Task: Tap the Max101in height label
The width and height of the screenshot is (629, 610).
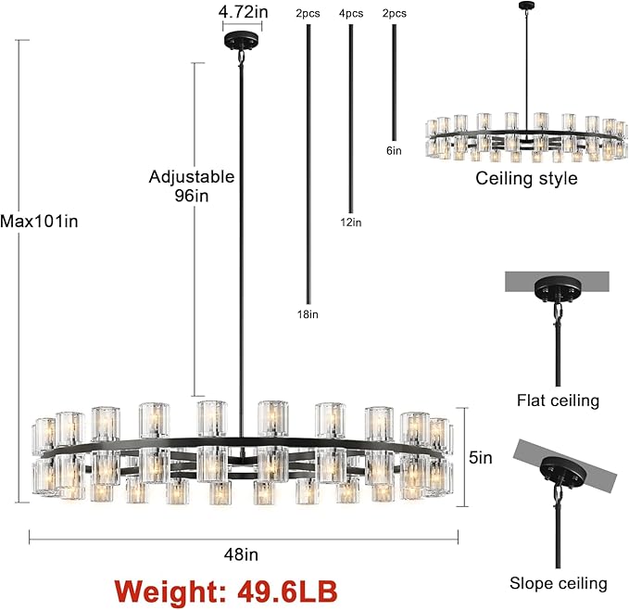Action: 39,222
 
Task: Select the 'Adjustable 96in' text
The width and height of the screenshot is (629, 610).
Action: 191,185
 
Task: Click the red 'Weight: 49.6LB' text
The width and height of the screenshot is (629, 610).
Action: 225,590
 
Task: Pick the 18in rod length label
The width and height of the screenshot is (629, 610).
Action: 307,314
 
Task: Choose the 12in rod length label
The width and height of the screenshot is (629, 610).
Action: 350,222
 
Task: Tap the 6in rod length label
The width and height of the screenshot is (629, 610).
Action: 394,150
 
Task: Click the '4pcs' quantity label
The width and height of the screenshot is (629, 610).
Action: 350,14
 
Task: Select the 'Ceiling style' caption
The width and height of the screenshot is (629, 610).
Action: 526,178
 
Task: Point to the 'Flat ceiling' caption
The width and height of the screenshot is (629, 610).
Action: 558,400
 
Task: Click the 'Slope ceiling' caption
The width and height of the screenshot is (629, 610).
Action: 558,583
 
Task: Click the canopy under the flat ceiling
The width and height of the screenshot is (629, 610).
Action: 558,292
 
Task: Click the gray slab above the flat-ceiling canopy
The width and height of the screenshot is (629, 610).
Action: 558,279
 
